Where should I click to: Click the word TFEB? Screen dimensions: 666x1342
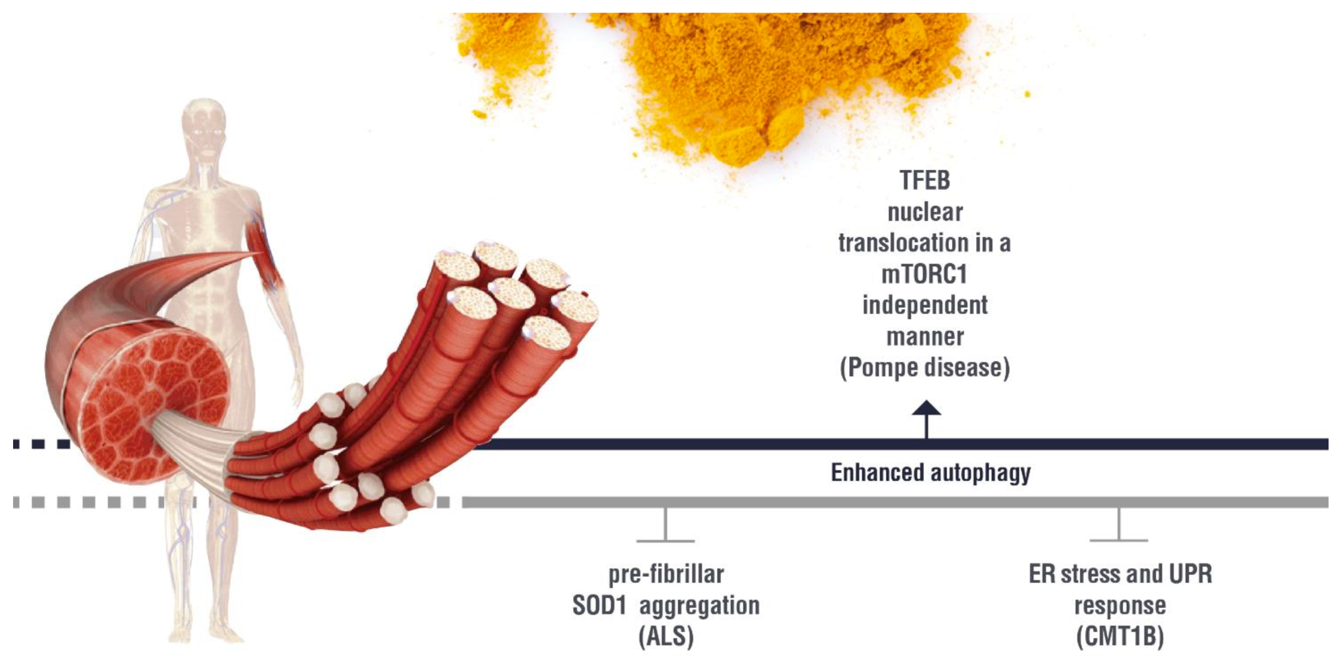coord(925,181)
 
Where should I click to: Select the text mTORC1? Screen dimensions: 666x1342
coord(924,275)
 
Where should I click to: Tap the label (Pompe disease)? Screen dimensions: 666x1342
coord(925,368)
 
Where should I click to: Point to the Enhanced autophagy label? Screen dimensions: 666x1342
coord(930,473)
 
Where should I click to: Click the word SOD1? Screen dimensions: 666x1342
coord(599,606)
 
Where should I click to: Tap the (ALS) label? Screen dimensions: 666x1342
coord(666,637)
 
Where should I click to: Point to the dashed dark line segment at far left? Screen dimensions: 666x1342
coord(42,444)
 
